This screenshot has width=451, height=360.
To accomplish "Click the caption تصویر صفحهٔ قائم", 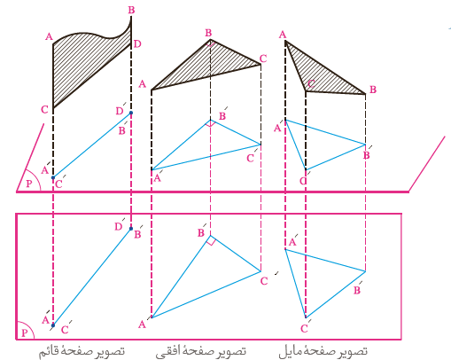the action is click(82, 352).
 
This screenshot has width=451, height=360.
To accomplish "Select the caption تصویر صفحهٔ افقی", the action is click(201, 352).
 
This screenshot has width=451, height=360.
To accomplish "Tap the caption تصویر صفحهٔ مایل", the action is click(323, 352).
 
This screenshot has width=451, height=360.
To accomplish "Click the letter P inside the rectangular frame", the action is click(25, 333).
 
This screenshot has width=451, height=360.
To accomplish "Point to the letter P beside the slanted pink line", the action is click(28, 184).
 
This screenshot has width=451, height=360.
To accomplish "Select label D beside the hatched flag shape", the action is click(137, 44).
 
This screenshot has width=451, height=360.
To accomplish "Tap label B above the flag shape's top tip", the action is click(131, 10).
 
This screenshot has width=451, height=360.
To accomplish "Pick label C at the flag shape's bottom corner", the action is click(44, 110).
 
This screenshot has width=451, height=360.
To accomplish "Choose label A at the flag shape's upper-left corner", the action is click(49, 36).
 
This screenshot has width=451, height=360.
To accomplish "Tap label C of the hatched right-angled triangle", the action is click(263, 59).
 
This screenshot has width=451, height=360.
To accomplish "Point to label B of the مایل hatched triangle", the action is click(373, 90).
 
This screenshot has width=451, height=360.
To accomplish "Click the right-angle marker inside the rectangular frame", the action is click(211, 240).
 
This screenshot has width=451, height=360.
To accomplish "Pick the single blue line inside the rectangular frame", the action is click(92, 277).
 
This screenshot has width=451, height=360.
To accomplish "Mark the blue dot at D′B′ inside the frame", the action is click(131, 229).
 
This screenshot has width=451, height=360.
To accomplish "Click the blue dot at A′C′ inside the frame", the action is click(53, 325).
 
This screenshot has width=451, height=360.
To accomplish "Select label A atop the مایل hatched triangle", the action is click(283, 35).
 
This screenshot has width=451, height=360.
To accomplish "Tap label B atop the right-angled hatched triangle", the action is click(208, 33).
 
